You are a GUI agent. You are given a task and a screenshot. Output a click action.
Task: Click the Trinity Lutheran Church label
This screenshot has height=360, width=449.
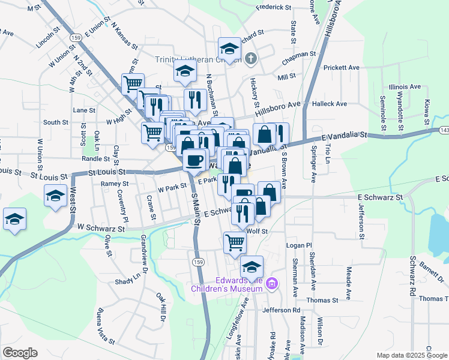(x=198, y=59)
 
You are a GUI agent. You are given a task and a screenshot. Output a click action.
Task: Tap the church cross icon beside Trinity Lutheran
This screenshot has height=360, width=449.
(x=252, y=59)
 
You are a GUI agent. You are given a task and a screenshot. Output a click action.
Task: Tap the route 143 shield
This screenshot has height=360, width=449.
(x=444, y=130)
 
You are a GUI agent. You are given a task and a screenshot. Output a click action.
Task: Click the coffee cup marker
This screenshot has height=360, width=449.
(x=194, y=160)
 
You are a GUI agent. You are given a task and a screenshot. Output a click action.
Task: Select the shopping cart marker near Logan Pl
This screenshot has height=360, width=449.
(x=235, y=242)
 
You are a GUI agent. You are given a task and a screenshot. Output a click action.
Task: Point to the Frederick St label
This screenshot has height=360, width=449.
(x=273, y=8)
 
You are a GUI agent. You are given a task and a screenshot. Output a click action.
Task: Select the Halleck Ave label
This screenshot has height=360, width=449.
(x=330, y=104)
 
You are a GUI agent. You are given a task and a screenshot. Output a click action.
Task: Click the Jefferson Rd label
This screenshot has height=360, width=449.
(x=280, y=310)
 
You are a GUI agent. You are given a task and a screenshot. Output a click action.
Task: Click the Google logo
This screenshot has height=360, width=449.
(x=20, y=352)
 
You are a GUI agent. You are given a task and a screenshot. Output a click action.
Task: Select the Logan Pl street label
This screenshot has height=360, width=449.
(x=300, y=245)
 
